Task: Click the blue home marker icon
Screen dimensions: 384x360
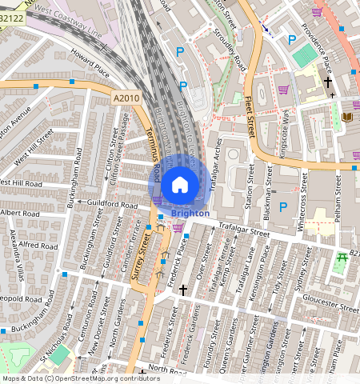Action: point(180,184)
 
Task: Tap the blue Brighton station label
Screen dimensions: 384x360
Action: point(190,214)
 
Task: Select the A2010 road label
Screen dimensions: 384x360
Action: point(126,98)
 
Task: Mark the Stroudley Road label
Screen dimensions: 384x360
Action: point(230,53)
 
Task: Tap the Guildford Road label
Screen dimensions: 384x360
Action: point(102,205)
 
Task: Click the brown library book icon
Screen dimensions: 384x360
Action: point(346,118)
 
